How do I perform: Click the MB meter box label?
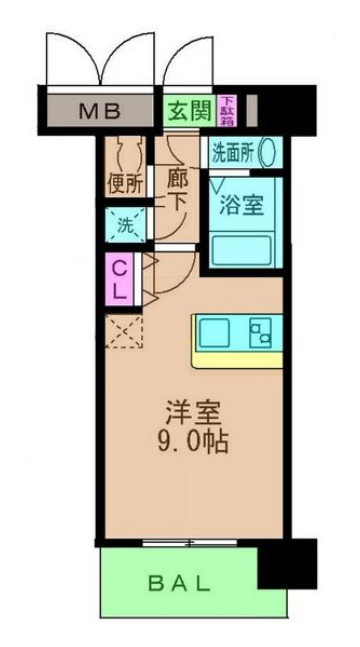click(x=99, y=108)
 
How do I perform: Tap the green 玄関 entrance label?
click(x=186, y=108)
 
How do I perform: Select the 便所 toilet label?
click(x=124, y=184)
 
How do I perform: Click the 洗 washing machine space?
click(x=124, y=225)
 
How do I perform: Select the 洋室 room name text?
click(x=192, y=412)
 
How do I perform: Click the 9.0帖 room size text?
click(x=192, y=440)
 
